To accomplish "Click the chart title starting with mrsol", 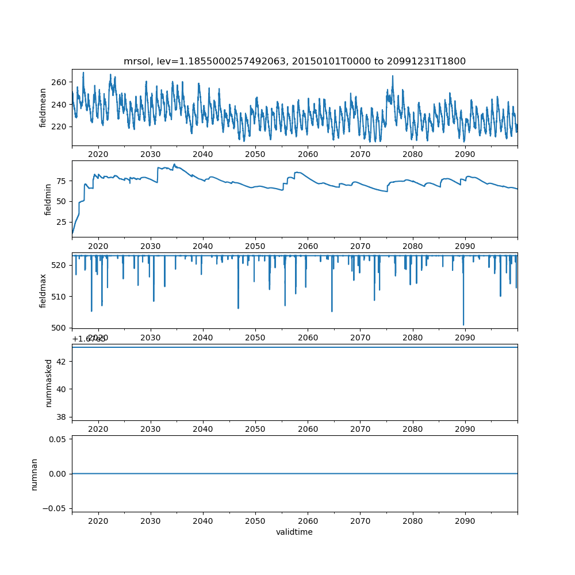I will pos(294,61).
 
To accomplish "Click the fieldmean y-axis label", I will pos(43,108).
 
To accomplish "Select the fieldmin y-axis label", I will pos(48,199).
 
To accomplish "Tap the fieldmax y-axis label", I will pos(43,290).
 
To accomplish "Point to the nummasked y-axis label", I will pos(49,382).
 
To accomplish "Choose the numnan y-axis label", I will pos(34,474).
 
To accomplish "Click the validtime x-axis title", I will pos(294,532).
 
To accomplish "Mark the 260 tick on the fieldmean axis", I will pos(60,82).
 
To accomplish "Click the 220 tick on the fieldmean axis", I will pos(60,126).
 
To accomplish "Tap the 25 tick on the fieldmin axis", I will pos(62,221).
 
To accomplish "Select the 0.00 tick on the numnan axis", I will pos(57,474).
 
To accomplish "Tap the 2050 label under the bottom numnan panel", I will pos(255,521).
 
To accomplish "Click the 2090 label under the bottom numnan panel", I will pos(465,521).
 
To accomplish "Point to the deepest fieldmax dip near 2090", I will pos(463,325).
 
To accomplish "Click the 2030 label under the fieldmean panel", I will pos(151,155).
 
